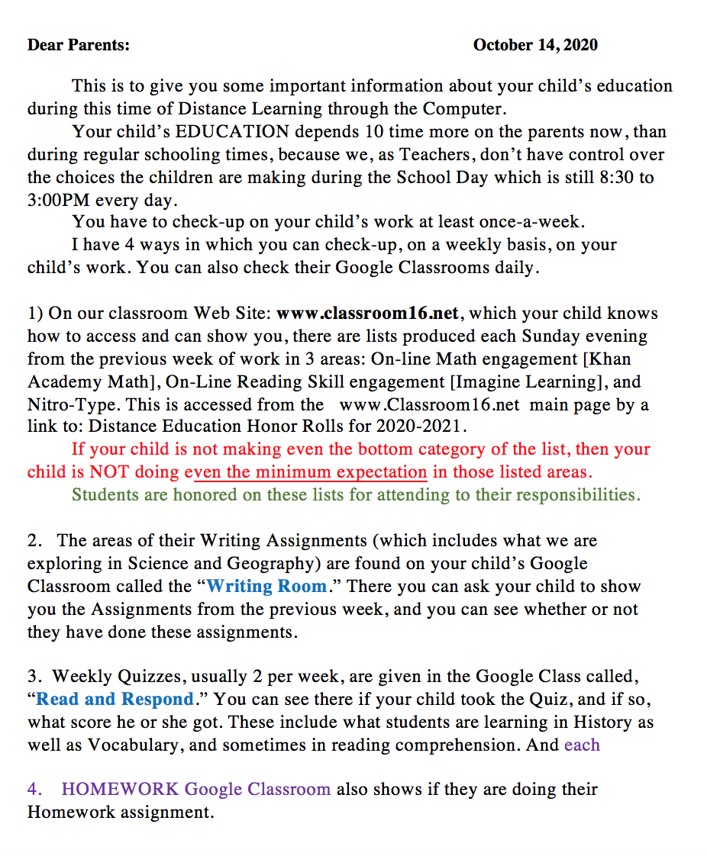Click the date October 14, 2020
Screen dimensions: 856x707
coord(535,45)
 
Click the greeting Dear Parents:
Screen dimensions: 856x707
coord(79,45)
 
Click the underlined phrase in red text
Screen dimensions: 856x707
coord(305,471)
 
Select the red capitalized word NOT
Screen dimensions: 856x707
coord(109,471)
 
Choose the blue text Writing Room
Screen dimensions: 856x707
coord(266,586)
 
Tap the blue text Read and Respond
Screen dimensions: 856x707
coord(115,699)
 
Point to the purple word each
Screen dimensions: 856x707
coord(582,745)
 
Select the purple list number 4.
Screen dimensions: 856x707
coord(34,789)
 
